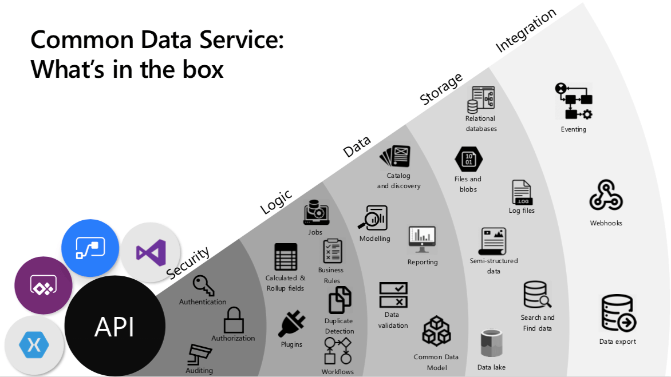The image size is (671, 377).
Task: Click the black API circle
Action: tap(114, 327)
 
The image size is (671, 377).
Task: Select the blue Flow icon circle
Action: tap(90, 248)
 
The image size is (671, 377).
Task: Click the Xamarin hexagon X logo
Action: tap(34, 345)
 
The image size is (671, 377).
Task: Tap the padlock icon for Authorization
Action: tap(234, 320)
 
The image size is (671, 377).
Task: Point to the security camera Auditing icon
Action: tap(200, 354)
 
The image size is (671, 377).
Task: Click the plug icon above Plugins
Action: tap(291, 324)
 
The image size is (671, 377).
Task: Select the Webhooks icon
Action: tap(606, 196)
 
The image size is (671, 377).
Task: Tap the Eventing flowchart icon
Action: tap(573, 101)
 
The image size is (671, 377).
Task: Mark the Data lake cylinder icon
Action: tap(491, 343)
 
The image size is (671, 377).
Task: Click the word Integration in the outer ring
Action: tap(526, 30)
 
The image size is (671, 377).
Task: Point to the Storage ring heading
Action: tap(441, 89)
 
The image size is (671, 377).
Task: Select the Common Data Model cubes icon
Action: tap(436, 331)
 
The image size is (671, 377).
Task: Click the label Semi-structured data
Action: tap(494, 265)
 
